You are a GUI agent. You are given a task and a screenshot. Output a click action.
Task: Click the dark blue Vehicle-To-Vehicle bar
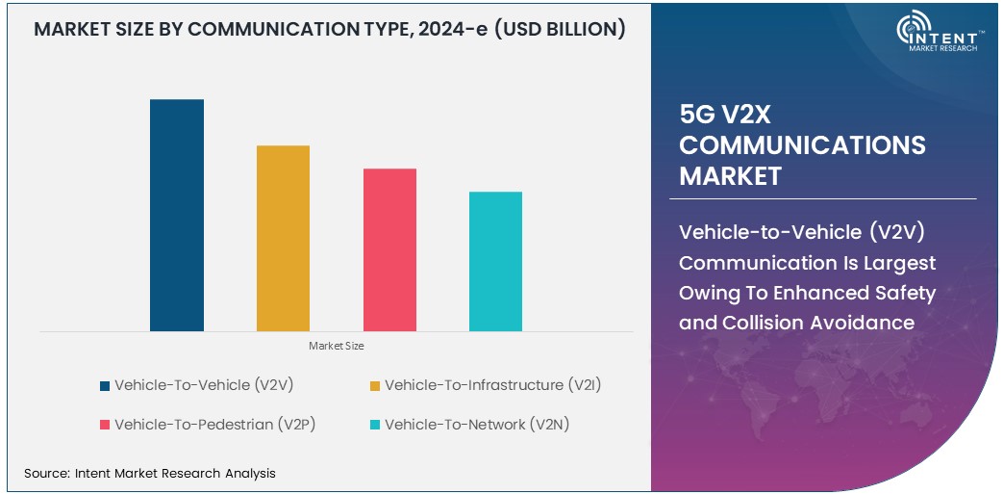point(177,215)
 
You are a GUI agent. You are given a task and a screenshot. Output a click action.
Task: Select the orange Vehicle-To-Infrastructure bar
point(283,238)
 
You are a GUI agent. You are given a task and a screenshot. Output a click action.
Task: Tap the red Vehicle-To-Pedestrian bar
point(389,249)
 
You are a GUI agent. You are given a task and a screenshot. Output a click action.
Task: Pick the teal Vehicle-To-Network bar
point(495,261)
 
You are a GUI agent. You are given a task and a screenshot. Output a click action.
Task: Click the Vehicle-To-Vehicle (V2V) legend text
point(204,385)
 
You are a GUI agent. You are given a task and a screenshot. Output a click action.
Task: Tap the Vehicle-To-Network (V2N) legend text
point(477,424)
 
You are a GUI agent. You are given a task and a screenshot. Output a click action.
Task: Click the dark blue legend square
point(104,386)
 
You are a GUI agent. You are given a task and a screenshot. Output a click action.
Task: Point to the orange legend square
point(375,386)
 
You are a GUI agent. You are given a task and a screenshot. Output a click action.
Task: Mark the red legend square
point(104,425)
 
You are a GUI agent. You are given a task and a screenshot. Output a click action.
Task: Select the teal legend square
point(375,425)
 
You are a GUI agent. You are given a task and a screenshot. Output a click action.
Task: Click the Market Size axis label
point(336,345)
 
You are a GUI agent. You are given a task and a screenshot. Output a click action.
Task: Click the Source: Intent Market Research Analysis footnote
point(149,473)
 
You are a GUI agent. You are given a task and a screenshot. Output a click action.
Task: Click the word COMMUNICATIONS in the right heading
point(802,145)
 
